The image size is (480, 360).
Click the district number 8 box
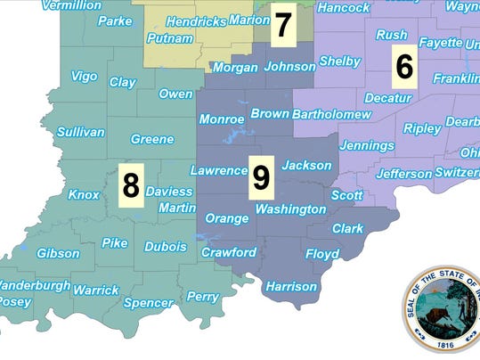tap(130, 185)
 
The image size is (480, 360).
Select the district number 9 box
tap(260, 176)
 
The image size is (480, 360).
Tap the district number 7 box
tap(282, 25)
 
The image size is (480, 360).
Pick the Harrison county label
tap(291, 286)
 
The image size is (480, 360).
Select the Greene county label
tap(152, 139)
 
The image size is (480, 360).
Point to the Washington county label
tap(290, 209)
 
